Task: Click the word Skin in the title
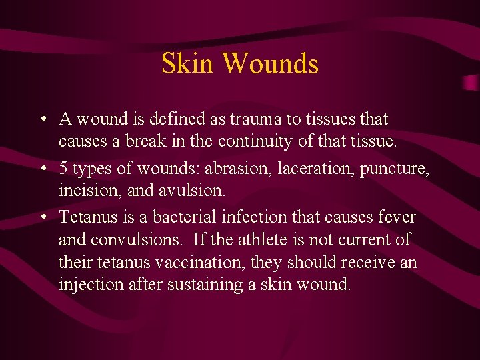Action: tap(188, 63)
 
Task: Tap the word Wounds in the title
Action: tap(270, 63)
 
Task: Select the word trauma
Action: tap(251, 119)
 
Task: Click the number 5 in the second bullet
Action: tap(64, 169)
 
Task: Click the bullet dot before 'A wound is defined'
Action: tap(42, 120)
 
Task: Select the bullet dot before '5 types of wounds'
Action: tap(42, 169)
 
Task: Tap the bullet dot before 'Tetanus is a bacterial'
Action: tap(42, 217)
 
